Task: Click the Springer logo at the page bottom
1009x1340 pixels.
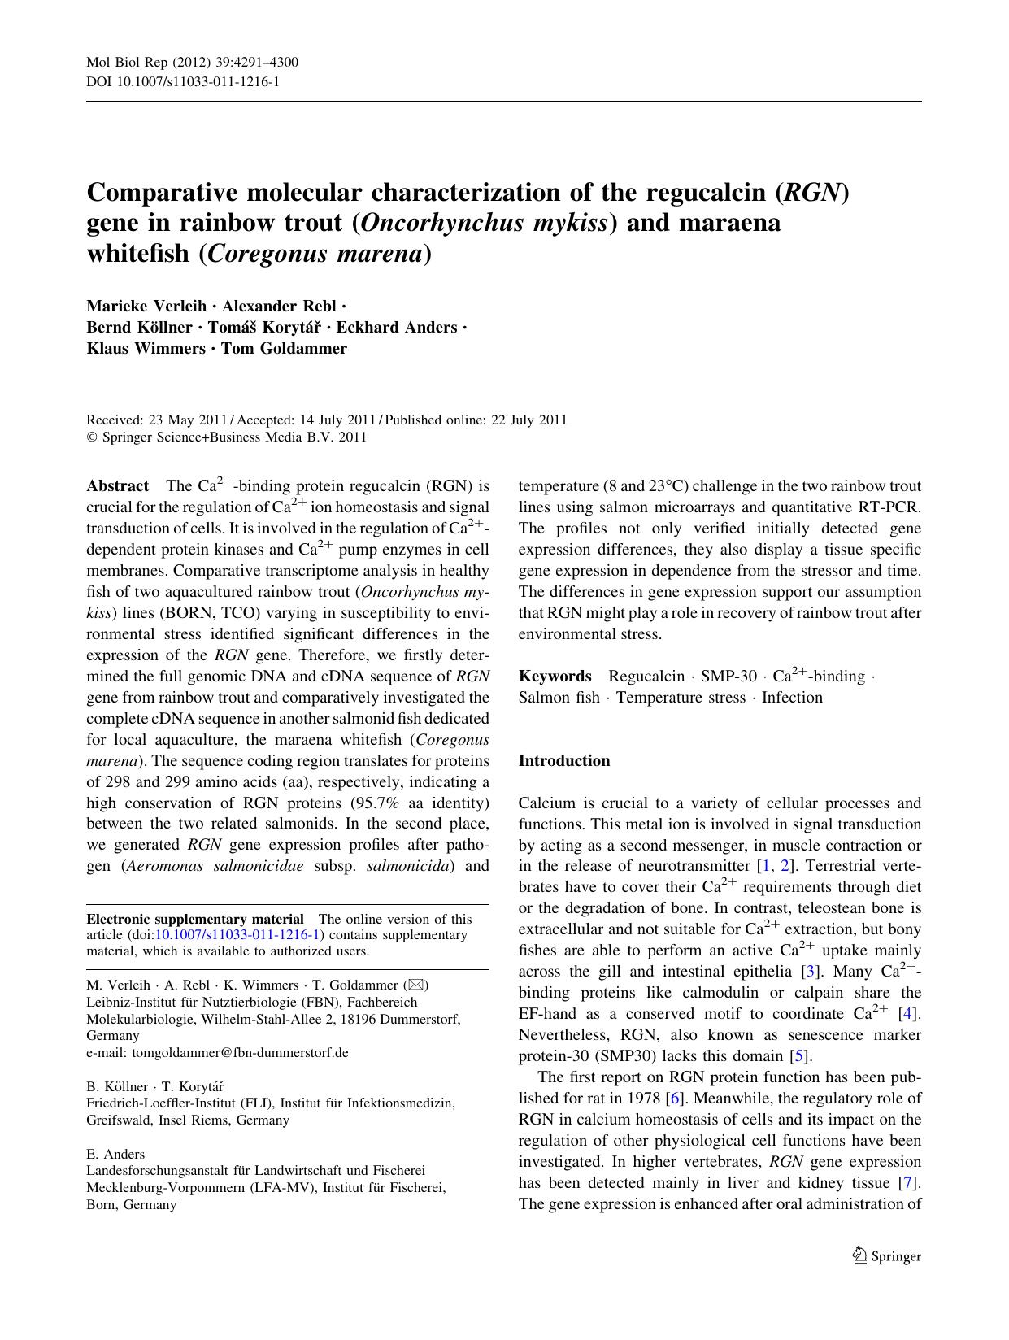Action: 887,1256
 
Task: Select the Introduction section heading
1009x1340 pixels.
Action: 563,761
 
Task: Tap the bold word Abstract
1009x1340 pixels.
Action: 117,486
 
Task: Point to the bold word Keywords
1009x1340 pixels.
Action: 555,677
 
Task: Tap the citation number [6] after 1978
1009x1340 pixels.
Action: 673,1099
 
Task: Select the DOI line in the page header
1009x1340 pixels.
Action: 183,81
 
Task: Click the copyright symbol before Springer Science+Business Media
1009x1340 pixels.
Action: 91,437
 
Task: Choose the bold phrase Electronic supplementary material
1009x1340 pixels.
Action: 195,920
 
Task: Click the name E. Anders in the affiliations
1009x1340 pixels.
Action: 115,1155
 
